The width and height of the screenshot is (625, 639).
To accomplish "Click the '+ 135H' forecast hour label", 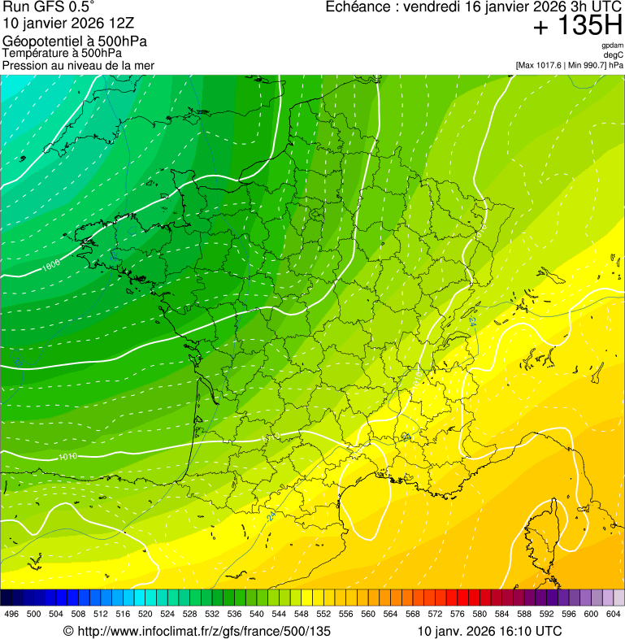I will [577, 27].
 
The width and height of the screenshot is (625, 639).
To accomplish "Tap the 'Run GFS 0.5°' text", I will [48, 7].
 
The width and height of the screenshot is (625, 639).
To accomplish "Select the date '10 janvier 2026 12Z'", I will [64, 23].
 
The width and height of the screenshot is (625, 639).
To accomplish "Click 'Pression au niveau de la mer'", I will [78, 65].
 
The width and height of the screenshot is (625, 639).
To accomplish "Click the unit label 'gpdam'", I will [612, 46].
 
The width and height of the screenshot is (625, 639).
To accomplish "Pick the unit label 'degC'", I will [614, 55].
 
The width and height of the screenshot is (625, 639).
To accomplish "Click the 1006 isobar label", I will [51, 264].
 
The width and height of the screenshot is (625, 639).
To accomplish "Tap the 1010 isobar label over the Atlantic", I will [68, 456].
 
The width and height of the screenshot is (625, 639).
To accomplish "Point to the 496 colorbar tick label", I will [11, 614].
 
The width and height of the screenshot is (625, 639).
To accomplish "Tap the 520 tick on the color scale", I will [145, 614].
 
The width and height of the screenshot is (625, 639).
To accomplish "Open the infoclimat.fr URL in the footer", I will [197, 631].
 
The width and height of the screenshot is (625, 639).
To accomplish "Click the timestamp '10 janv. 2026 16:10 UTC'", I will [489, 631].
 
